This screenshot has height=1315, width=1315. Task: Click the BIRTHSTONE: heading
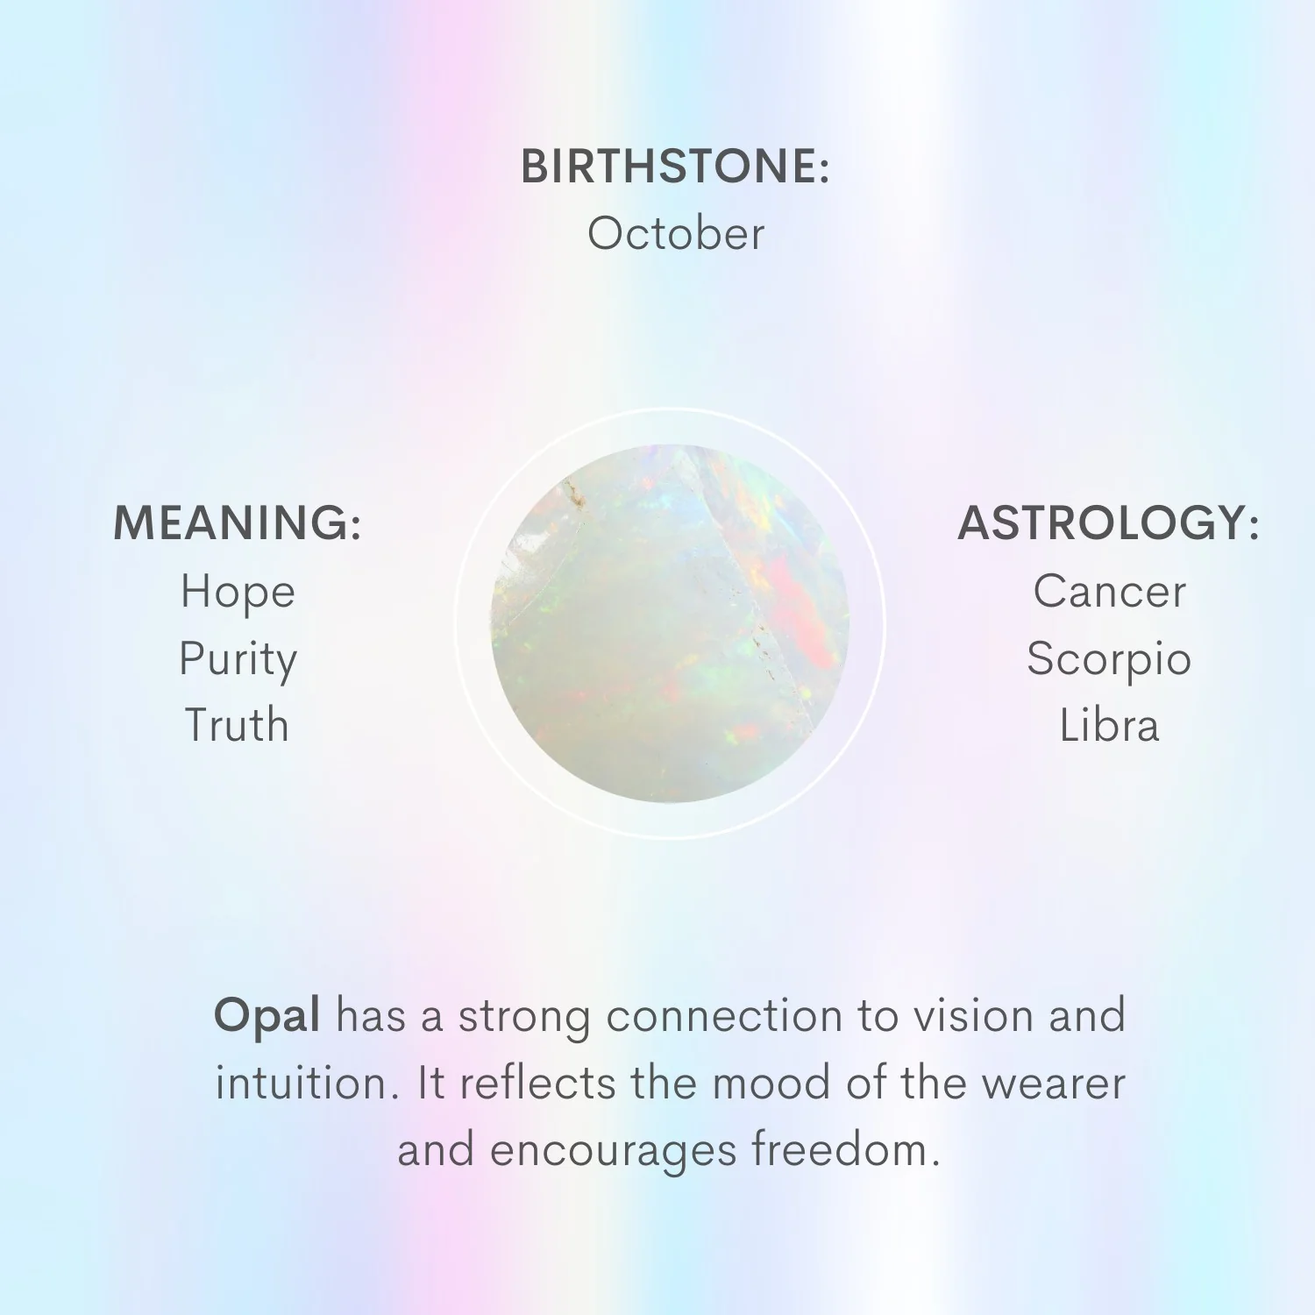coord(675,167)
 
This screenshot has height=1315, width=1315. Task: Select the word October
coord(676,234)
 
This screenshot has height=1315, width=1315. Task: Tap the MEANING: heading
coord(238,522)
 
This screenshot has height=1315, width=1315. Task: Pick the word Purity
coord(238,660)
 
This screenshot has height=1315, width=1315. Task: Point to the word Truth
coord(237,725)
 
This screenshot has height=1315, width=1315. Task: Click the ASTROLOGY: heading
coord(1109,522)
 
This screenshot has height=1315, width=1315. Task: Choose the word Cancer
coord(1109,592)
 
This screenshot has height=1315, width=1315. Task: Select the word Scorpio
coord(1109,660)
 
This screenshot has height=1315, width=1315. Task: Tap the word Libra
coord(1109,725)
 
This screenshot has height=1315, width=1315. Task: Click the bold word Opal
coord(267,1018)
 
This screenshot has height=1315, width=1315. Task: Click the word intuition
coord(302,1084)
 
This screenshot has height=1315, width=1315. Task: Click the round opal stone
coord(671,622)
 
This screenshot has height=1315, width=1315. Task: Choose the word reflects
coord(537,1084)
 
